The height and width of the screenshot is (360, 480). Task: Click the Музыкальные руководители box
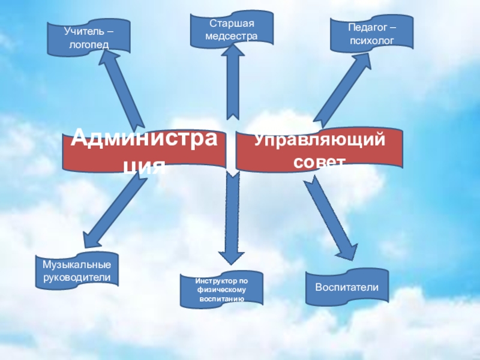point(77,270)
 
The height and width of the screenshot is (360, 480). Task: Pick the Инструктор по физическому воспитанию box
point(221,289)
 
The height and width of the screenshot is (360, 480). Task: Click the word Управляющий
point(318,142)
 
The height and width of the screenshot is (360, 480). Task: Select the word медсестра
point(231,37)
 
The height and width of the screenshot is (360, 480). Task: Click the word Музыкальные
point(77,265)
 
